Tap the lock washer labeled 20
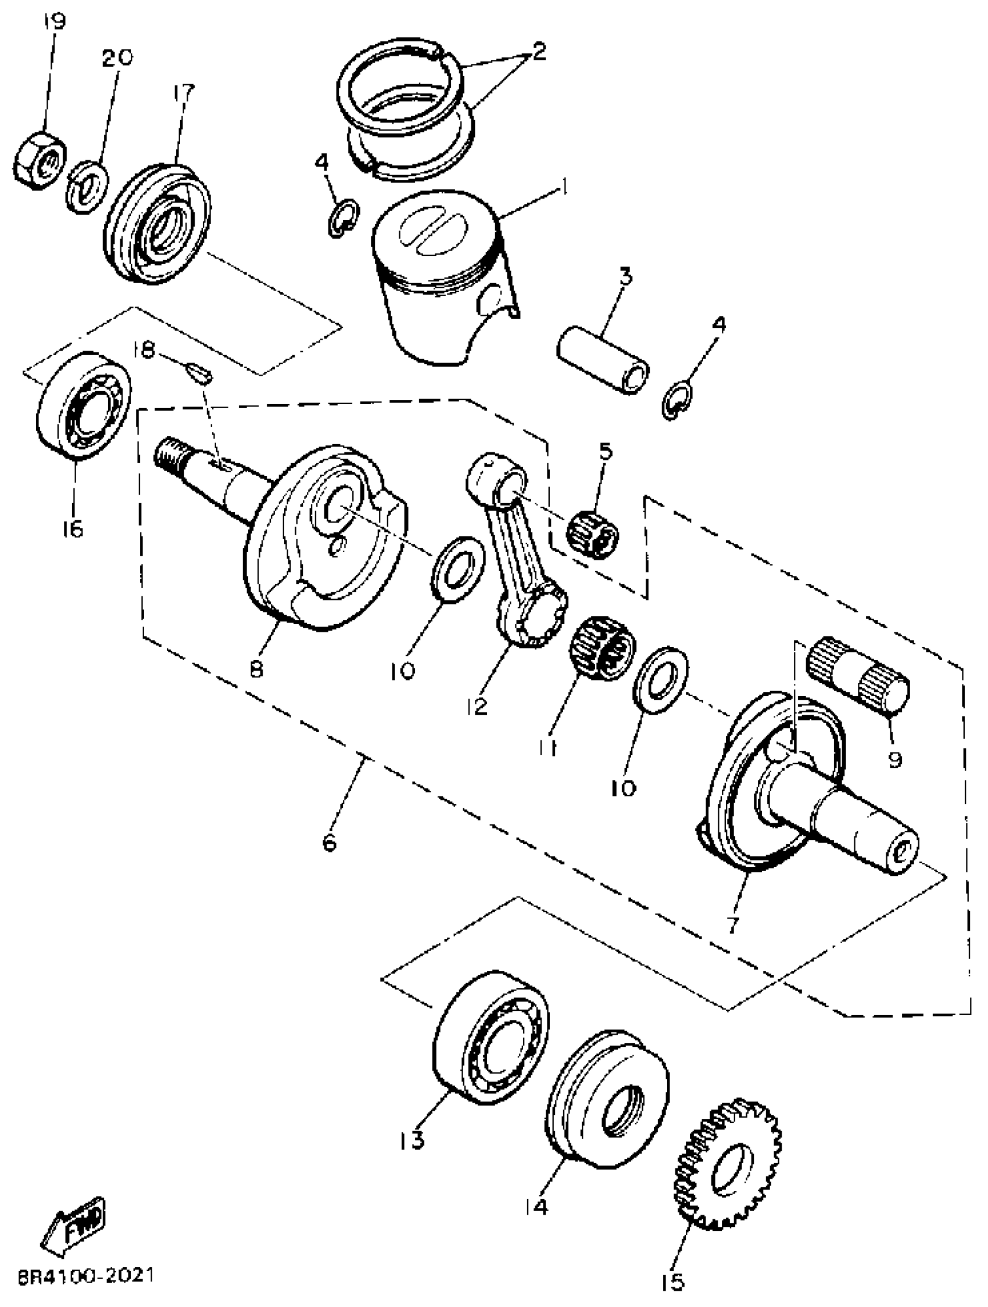[x=87, y=188]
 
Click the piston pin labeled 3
[x=603, y=362]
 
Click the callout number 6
[x=330, y=842]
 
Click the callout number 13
[x=411, y=1140]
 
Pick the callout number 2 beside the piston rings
[x=538, y=53]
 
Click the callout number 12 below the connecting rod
[x=477, y=705]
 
